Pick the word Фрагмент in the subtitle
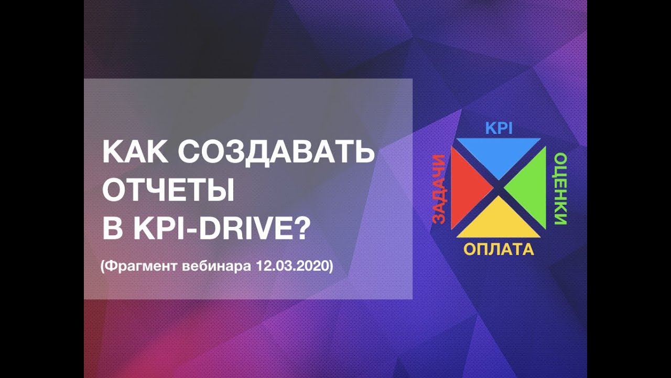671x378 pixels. tap(140, 266)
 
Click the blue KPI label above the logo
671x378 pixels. tap(499, 128)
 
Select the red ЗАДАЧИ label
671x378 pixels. tap(438, 189)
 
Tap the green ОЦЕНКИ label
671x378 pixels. tap(560, 188)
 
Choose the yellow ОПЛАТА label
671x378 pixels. tap(499, 249)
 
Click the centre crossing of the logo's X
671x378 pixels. tap(499, 187)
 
